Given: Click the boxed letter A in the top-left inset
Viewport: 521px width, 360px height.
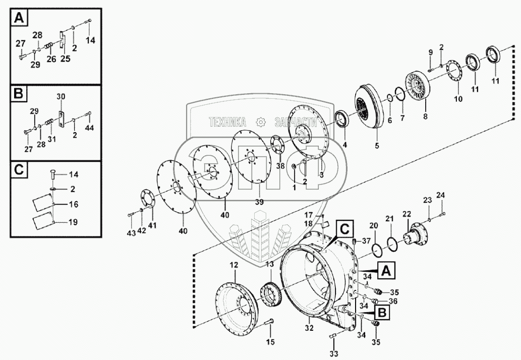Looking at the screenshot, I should pyautogui.click(x=18, y=19).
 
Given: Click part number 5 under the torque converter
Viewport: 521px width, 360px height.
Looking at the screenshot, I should pyautogui.click(x=376, y=148).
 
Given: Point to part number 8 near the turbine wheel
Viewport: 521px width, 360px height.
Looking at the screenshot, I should pyautogui.click(x=425, y=116).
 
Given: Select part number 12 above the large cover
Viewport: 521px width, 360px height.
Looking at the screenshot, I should pyautogui.click(x=233, y=265).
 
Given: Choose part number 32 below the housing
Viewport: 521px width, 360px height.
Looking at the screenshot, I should pyautogui.click(x=309, y=328).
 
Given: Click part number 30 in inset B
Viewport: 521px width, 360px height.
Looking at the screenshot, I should pyautogui.click(x=61, y=96).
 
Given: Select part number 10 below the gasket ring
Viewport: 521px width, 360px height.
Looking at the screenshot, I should pyautogui.click(x=458, y=99).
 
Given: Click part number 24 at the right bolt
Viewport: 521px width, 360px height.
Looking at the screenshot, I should pyautogui.click(x=440, y=195).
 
